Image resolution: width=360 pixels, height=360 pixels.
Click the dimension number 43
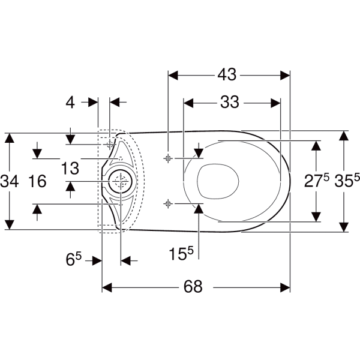(x=227, y=74)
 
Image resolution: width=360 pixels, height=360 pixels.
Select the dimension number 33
(x=230, y=102)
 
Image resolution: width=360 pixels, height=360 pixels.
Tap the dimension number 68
(x=193, y=287)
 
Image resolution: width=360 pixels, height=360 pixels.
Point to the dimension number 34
(x=9, y=181)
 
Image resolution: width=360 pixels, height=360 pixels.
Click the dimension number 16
(x=37, y=181)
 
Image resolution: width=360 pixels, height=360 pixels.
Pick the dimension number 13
(x=70, y=168)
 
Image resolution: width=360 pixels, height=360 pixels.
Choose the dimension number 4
(x=70, y=103)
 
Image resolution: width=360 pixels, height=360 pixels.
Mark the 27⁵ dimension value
(x=317, y=180)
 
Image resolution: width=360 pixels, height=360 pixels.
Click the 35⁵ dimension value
(x=347, y=180)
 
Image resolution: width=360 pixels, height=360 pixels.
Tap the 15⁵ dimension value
(x=181, y=253)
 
